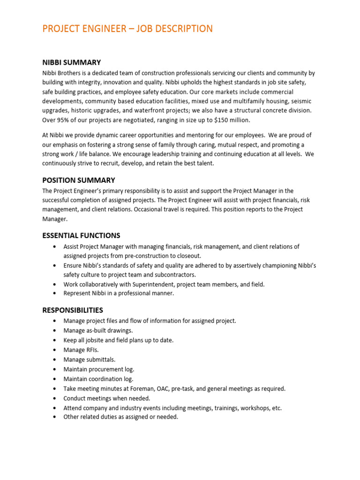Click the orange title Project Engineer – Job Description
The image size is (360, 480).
(127, 29)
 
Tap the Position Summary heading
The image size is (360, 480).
(78, 180)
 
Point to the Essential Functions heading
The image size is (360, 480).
(81, 235)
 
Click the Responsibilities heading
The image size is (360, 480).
(73, 310)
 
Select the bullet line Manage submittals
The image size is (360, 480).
(89, 360)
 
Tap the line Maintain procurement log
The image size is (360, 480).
(98, 369)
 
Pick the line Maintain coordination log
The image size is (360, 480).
(98, 379)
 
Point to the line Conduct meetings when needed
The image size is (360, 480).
(107, 398)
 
